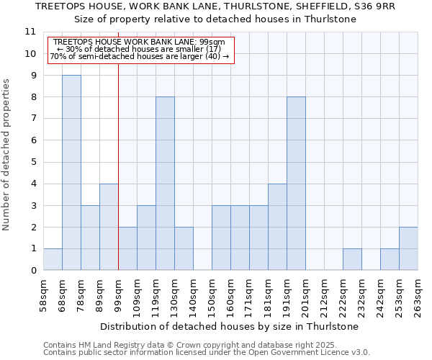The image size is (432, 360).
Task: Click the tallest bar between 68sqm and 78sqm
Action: (x=71, y=173)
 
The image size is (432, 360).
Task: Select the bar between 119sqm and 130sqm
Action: (x=165, y=184)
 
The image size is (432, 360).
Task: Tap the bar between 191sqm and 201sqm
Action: (x=296, y=184)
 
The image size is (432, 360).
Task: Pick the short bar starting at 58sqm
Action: (x=53, y=260)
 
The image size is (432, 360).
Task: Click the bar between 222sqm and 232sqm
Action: (x=352, y=260)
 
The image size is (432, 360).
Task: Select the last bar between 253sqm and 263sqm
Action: (x=408, y=249)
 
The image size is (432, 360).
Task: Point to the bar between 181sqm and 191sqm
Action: (x=277, y=228)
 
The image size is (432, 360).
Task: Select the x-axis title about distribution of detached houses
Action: (x=230, y=326)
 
